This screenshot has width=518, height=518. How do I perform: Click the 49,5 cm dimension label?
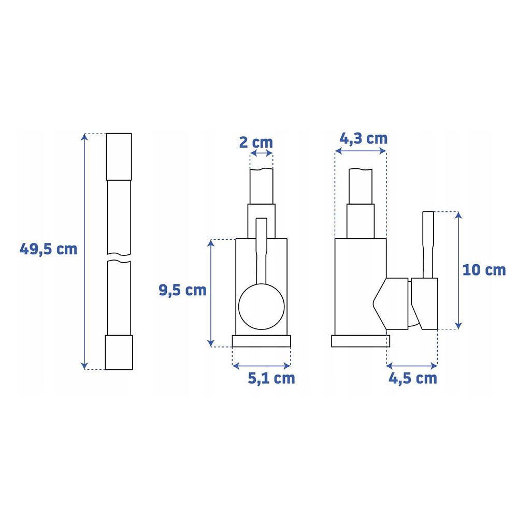click(x=48, y=249)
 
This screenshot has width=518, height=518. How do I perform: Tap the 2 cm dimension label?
click(x=256, y=142)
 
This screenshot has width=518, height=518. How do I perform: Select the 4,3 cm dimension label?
click(x=364, y=138)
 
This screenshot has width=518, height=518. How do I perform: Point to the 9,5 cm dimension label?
click(x=182, y=290)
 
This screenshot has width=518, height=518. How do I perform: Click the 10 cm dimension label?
click(x=484, y=270)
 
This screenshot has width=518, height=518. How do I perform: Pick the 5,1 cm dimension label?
click(x=271, y=378)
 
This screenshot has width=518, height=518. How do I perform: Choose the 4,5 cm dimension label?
click(x=413, y=378)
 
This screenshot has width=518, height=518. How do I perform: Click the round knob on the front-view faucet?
click(x=261, y=307)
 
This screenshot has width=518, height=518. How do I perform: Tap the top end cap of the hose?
click(x=119, y=156)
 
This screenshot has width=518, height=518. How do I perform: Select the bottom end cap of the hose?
click(x=119, y=352)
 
